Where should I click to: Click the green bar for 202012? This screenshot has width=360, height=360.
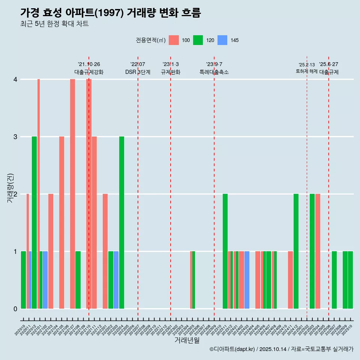click(34, 222)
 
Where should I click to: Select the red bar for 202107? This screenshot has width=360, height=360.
click(72, 194)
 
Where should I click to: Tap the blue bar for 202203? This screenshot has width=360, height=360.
click(116, 280)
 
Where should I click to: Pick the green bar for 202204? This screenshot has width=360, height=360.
click(121, 222)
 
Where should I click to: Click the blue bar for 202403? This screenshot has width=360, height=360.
click(247, 280)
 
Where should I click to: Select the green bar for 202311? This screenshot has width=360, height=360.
click(225, 251)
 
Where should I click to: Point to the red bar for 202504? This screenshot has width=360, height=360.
click(318, 251)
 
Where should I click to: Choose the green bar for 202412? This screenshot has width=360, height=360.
click(296, 251)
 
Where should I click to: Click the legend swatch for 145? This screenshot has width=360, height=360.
click(223, 40)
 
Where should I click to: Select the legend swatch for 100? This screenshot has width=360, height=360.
click(174, 40)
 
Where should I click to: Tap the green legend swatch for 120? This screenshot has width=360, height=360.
click(198, 40)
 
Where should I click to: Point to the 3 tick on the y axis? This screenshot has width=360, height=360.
click(15, 136)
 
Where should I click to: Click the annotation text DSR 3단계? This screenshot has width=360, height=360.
click(138, 72)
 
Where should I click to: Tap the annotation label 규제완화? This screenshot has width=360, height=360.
click(171, 72)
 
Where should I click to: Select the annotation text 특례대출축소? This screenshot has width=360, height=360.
click(214, 72)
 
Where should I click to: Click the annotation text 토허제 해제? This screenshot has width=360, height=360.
click(306, 71)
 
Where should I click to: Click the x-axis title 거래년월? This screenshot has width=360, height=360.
click(187, 340)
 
